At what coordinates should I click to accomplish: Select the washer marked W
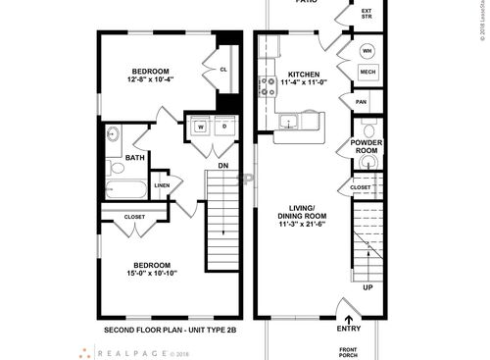coord(200,128)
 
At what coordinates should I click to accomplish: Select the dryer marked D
coord(222,128)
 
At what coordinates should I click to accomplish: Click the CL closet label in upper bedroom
coord(223,70)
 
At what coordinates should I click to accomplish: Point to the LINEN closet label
coord(162,185)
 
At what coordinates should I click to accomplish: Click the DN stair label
coord(223,166)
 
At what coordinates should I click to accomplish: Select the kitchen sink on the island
coord(288,122)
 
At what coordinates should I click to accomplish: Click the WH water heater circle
coord(367,51)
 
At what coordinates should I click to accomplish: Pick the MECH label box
coord(367,73)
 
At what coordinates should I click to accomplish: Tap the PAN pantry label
coord(361,101)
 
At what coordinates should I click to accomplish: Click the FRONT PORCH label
coord(349,351)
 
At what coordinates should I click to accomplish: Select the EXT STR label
coord(367,15)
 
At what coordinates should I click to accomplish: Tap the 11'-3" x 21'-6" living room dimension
coord(302,224)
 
